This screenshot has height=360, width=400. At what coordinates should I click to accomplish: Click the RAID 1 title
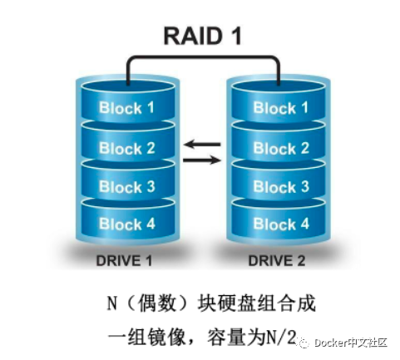(200, 36)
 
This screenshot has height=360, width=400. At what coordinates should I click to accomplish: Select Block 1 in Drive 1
(126, 108)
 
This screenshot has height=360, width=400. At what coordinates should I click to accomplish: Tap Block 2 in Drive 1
(126, 149)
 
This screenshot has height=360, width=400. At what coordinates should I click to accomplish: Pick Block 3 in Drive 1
(126, 187)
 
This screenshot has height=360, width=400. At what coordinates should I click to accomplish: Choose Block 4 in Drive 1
(126, 224)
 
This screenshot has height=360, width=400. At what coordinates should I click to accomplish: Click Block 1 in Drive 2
(281, 108)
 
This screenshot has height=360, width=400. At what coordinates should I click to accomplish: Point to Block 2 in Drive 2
(281, 149)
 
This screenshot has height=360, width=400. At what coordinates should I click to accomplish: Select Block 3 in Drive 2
(281, 187)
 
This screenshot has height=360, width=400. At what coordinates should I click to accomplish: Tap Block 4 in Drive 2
(281, 224)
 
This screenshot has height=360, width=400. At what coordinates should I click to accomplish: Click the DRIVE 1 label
(124, 261)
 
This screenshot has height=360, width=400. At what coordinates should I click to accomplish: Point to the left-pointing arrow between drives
(202, 145)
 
